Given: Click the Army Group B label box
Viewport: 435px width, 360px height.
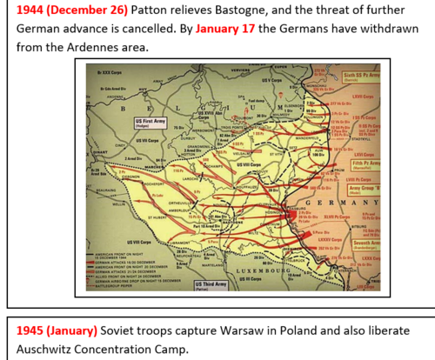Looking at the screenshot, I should pos(364,189).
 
